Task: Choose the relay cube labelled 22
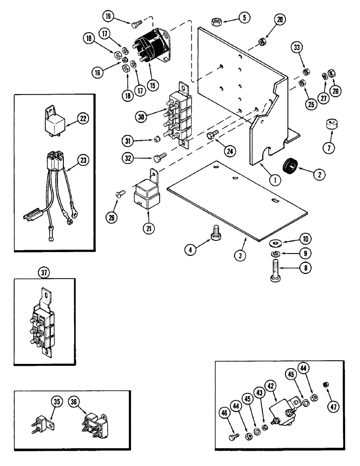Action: pos(54,123)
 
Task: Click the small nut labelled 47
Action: pos(326,383)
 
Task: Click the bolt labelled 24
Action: pos(211,136)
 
